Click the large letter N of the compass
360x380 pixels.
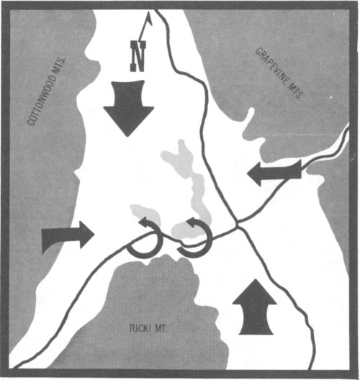click(x=138, y=56)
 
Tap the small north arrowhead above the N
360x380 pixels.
click(x=149, y=19)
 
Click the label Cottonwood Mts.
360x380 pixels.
click(x=46, y=91)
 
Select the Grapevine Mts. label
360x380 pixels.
click(x=279, y=73)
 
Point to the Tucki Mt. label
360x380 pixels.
click(x=148, y=329)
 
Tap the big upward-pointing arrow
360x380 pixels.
click(x=255, y=307)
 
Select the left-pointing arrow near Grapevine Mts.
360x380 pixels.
click(x=274, y=173)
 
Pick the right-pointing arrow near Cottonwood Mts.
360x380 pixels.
click(x=68, y=236)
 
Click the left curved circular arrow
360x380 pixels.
click(x=147, y=239)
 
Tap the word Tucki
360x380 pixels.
click(x=140, y=329)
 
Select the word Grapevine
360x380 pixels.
click(x=272, y=65)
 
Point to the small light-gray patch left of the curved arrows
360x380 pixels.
click(x=145, y=214)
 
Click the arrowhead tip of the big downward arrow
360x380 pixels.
click(x=127, y=137)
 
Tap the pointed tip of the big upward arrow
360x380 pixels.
click(x=255, y=279)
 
